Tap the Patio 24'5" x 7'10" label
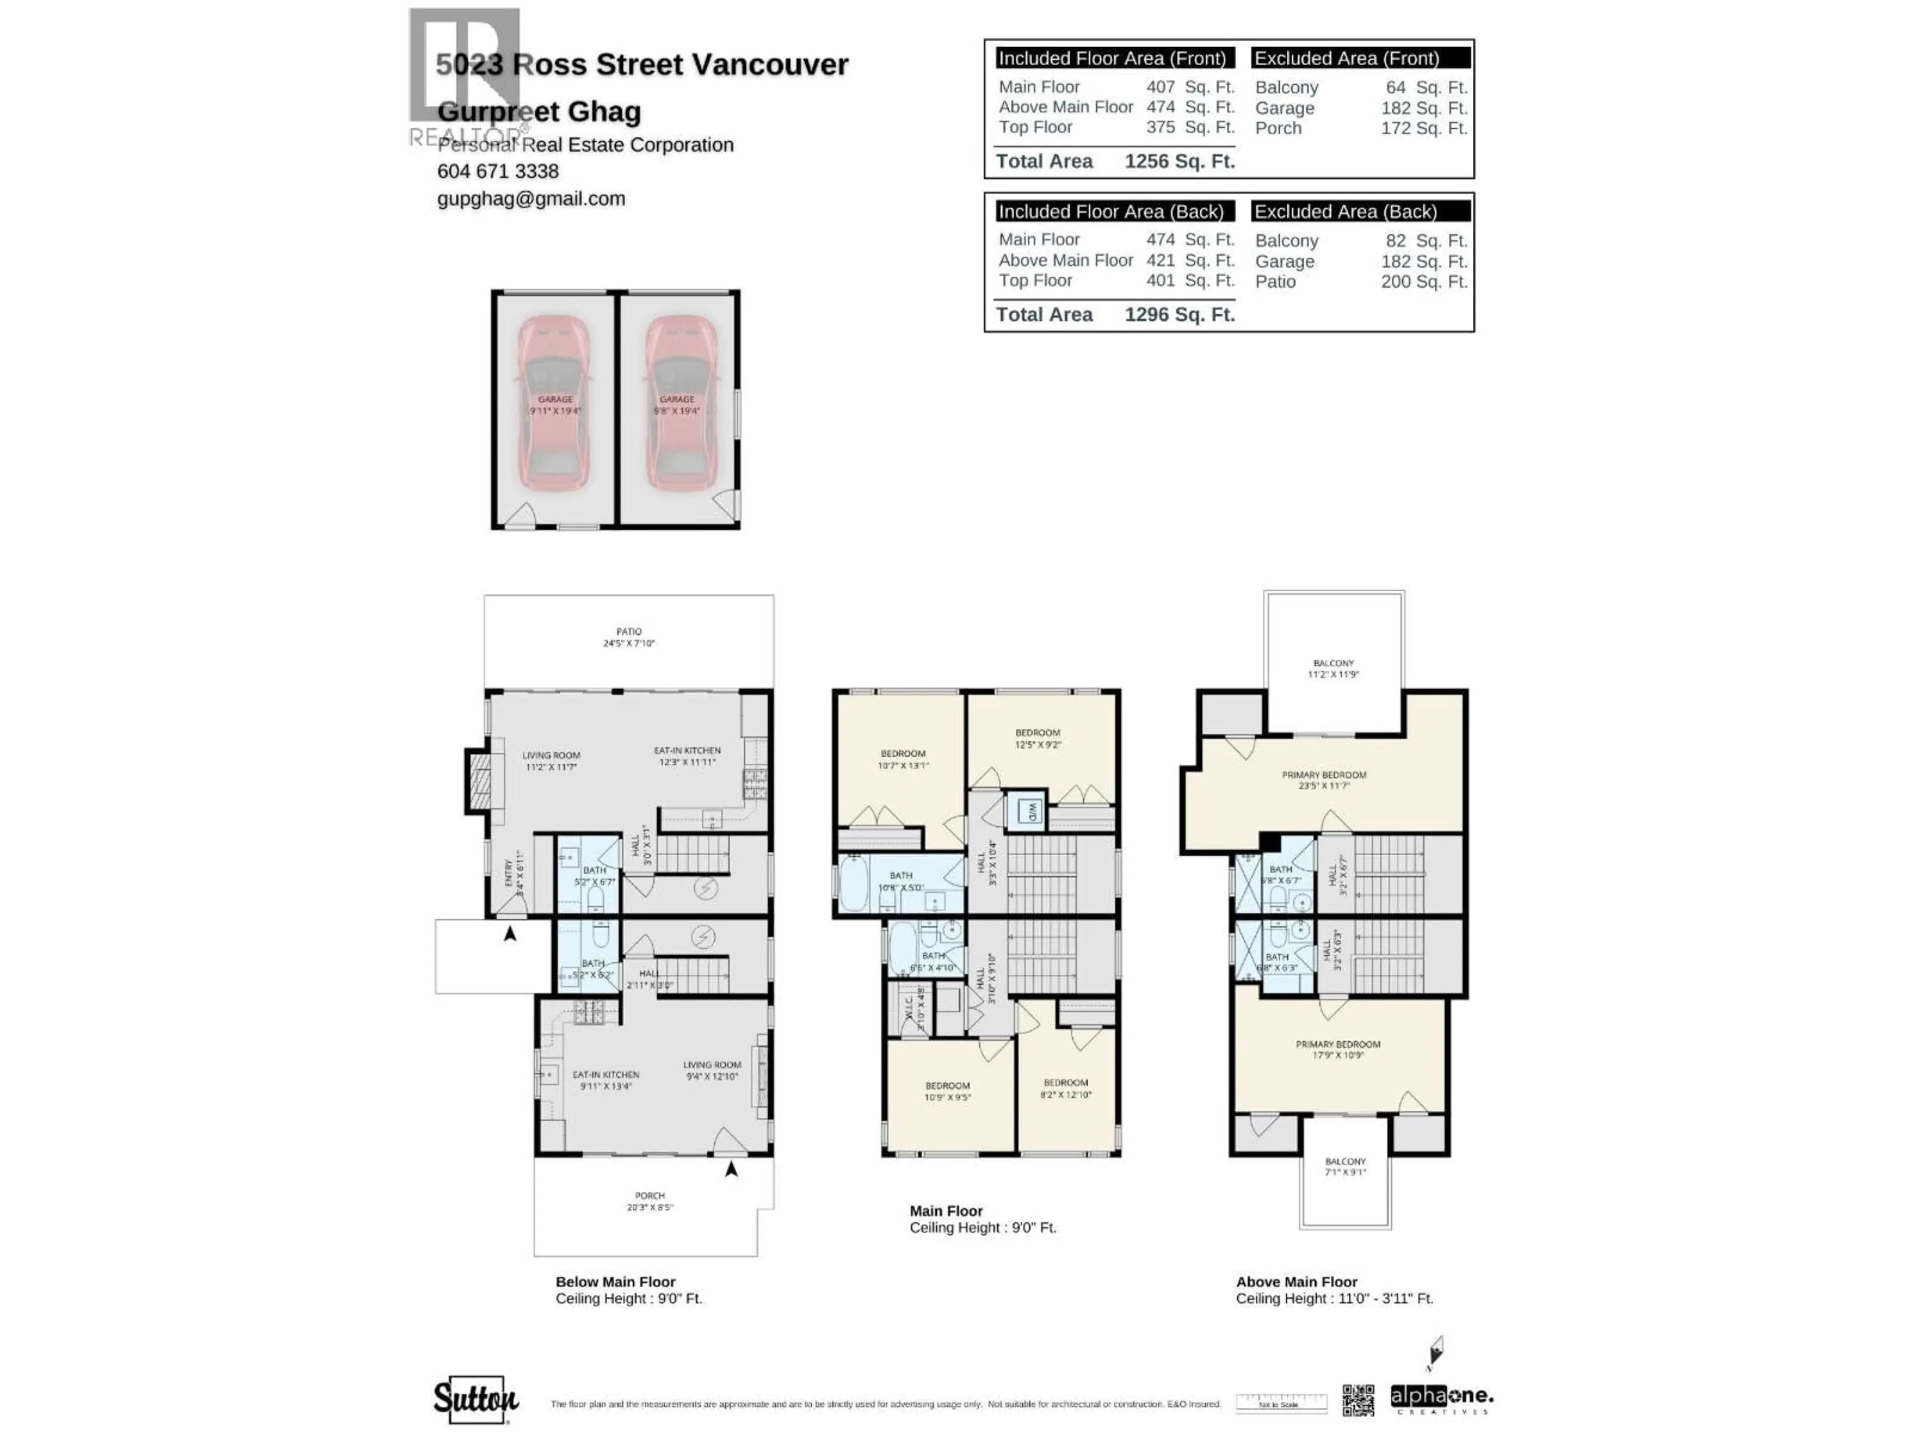point(629,637)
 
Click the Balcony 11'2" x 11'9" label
point(1333,668)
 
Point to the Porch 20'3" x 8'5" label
point(649,1201)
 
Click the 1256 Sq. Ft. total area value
point(1179,162)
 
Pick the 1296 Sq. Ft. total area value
point(1179,314)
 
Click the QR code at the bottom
point(1357,1400)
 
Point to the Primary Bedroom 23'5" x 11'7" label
point(1324,780)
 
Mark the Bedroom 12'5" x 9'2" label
point(1037,738)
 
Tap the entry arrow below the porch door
point(731,1169)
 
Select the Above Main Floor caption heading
point(1296,1282)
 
